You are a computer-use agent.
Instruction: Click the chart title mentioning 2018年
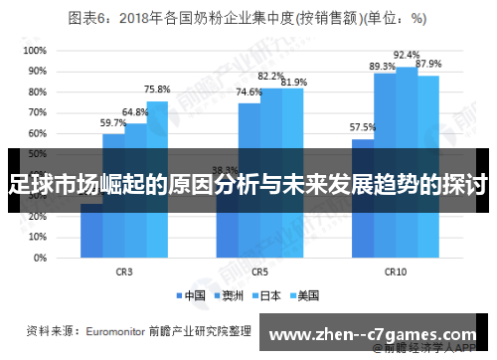[x=248, y=18]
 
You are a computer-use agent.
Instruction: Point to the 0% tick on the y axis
[x=38, y=258]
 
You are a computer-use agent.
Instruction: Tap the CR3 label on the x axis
[x=124, y=270]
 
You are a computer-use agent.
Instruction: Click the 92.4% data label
[x=407, y=55]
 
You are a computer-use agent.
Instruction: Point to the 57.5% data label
[x=362, y=127]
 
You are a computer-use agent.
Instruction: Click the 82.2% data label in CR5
[x=270, y=76]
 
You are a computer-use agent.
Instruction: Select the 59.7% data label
[x=113, y=122]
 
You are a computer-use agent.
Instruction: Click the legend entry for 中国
[x=193, y=295]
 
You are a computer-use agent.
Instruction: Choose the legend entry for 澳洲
[x=231, y=295]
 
